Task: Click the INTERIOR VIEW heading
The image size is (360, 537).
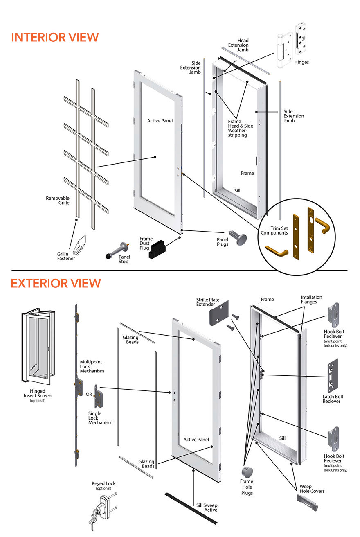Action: pos(55,37)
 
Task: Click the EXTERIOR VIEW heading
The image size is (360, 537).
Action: pos(56,283)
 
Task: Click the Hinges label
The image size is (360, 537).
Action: pos(301,62)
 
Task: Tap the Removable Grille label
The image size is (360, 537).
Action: pos(58,200)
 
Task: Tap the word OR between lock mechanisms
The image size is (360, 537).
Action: pos(89,395)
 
